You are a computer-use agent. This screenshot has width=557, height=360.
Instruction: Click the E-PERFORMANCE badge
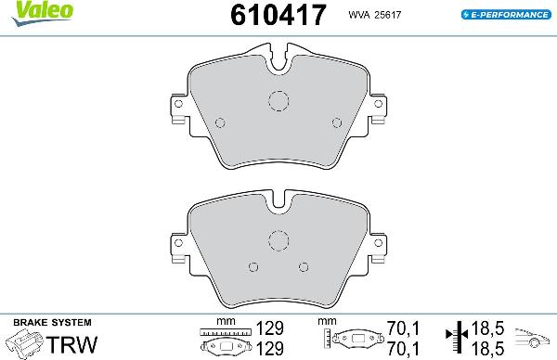click(x=502, y=16)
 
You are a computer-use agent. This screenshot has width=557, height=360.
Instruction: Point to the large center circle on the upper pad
click(x=279, y=103)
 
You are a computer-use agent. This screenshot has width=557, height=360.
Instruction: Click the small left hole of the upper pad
click(x=220, y=122)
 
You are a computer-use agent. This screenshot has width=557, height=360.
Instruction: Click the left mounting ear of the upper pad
click(x=178, y=109)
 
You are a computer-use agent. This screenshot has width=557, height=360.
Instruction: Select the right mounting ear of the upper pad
click(x=380, y=109)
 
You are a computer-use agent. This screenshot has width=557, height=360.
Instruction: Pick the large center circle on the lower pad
click(x=279, y=239)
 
